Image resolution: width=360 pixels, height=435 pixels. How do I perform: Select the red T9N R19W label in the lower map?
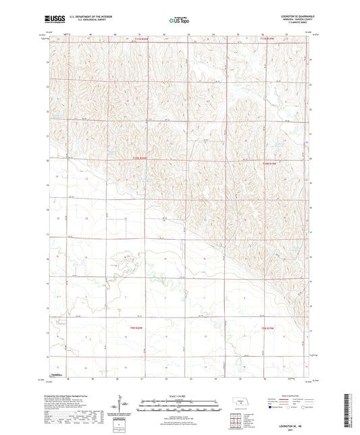click(x=268, y=328)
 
